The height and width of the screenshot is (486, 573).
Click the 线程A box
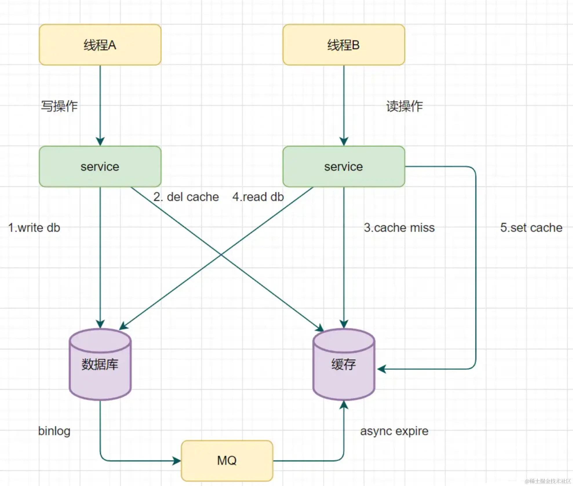click(100, 45)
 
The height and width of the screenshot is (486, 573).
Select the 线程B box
click(344, 45)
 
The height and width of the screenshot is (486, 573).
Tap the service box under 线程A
click(100, 166)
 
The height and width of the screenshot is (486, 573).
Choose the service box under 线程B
click(344, 166)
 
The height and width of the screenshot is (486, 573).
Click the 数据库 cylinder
click(100, 364)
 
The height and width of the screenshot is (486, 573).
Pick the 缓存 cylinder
click(344, 364)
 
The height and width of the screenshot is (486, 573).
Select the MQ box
click(227, 460)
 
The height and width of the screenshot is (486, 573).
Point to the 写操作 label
click(59, 106)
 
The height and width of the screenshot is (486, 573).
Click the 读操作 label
click(405, 106)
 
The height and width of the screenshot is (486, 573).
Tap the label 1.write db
click(34, 228)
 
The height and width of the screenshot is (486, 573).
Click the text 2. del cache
click(186, 197)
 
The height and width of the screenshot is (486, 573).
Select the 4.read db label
click(258, 197)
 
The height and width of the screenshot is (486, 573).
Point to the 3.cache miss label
click(399, 228)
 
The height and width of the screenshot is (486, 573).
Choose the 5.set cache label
click(531, 228)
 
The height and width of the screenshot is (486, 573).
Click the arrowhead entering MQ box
click(177, 460)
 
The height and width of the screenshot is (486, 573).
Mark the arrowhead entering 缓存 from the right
click(381, 369)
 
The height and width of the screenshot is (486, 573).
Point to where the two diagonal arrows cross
click(221, 255)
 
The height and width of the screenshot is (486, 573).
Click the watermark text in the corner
click(547, 481)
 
